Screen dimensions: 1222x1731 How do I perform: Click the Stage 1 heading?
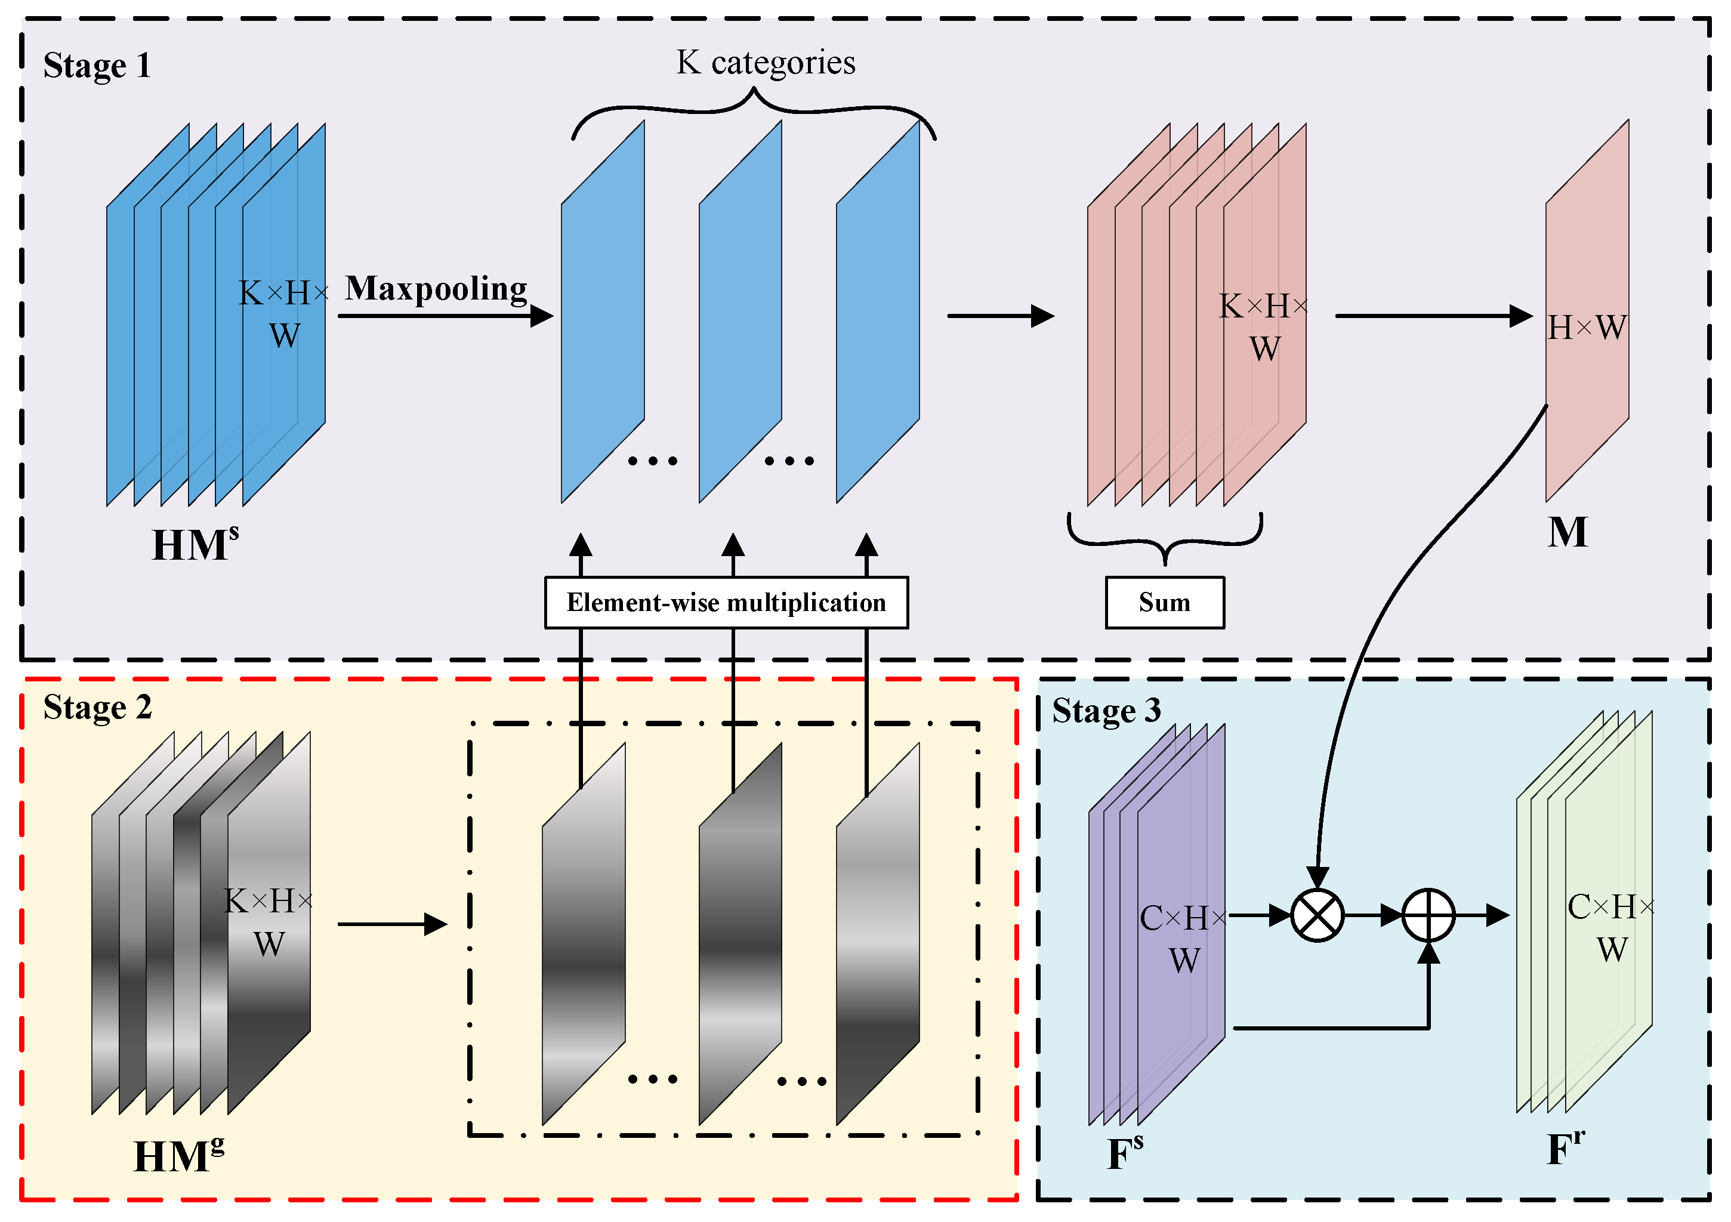click(97, 66)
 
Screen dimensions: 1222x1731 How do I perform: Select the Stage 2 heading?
click(97, 708)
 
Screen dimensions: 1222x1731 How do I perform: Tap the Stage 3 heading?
click(1106, 711)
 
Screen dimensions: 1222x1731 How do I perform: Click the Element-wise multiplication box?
click(726, 602)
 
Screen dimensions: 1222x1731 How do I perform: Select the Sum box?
click(1164, 602)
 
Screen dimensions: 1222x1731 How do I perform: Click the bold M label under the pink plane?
click(1568, 532)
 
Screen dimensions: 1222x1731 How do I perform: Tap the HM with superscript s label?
click(195, 544)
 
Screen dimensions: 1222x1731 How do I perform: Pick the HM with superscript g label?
click(178, 1156)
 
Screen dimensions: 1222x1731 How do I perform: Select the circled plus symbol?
click(1428, 915)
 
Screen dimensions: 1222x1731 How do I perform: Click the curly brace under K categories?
click(754, 109)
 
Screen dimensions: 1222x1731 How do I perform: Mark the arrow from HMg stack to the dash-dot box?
click(392, 924)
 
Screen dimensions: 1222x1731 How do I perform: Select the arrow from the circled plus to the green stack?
click(1482, 915)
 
